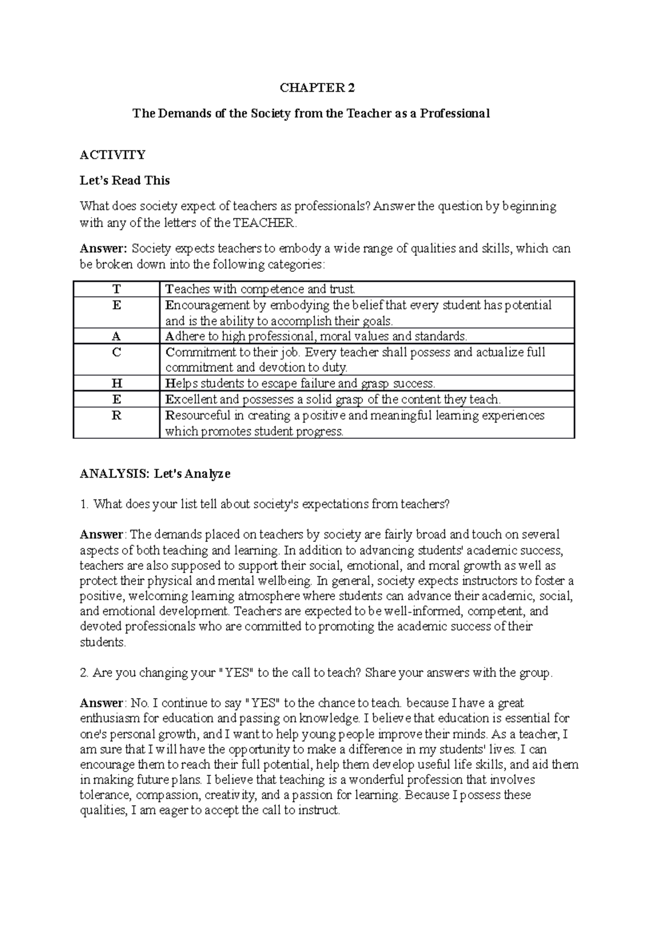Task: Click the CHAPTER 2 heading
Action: pyautogui.click(x=317, y=88)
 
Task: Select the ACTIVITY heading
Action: pyautogui.click(x=113, y=155)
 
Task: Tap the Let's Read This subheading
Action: pyautogui.click(x=125, y=181)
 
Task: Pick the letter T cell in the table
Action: pyautogui.click(x=117, y=289)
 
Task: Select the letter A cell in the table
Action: pyautogui.click(x=117, y=337)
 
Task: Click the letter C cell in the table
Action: pyautogui.click(x=117, y=353)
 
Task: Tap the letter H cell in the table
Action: pyautogui.click(x=117, y=384)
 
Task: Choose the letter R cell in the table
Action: pyautogui.click(x=117, y=416)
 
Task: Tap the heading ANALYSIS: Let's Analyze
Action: pyautogui.click(x=155, y=474)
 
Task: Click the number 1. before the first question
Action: pyautogui.click(x=84, y=504)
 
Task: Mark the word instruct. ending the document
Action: pyautogui.click(x=319, y=811)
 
